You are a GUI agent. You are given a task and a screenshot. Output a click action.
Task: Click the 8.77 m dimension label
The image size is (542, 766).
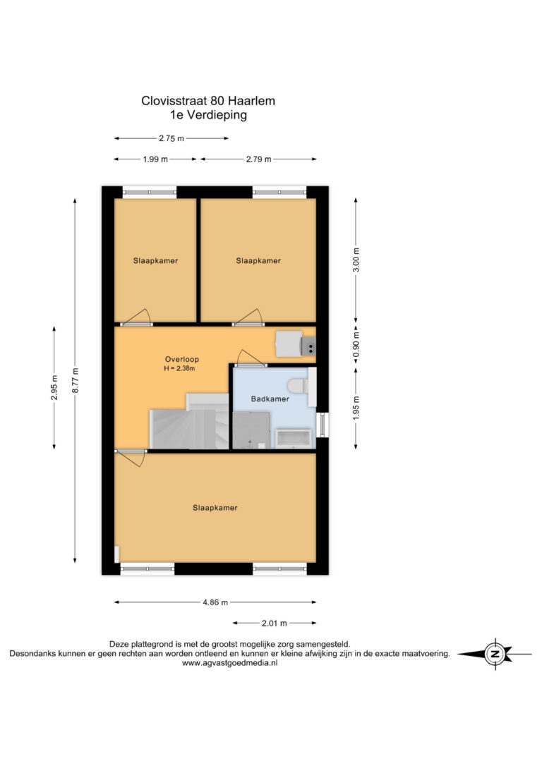(x=75, y=381)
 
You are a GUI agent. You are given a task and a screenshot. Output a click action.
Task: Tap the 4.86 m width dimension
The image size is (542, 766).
(x=215, y=602)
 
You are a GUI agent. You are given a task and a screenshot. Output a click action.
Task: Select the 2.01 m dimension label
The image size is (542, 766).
(x=275, y=624)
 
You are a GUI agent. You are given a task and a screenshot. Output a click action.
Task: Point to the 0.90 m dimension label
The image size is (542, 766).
(x=356, y=346)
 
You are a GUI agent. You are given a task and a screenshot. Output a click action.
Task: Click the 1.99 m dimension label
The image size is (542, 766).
(x=155, y=159)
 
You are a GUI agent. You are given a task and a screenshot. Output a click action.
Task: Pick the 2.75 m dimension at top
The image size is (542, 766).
(x=171, y=138)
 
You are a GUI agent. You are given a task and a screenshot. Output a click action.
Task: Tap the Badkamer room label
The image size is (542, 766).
(x=270, y=399)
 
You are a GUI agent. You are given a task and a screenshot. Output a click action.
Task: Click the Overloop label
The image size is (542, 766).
(x=182, y=359)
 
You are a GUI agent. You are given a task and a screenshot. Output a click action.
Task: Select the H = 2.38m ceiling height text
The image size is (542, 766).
(x=179, y=368)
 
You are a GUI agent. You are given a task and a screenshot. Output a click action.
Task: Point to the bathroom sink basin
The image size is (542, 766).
(x=294, y=438)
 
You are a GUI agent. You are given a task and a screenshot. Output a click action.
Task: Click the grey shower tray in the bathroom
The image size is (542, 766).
(x=251, y=430)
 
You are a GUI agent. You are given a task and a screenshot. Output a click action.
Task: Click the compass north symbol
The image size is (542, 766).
(x=495, y=654)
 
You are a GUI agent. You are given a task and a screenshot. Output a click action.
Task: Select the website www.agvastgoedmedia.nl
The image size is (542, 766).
(x=229, y=663)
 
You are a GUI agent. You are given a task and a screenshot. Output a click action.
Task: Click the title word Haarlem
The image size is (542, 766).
(x=252, y=101)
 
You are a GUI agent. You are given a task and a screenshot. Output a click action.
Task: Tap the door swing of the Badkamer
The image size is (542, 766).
(x=251, y=358)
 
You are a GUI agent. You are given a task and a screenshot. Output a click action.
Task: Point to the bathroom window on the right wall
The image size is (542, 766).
(x=322, y=425)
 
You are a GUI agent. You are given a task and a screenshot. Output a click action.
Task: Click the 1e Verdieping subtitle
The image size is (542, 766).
(x=208, y=115)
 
